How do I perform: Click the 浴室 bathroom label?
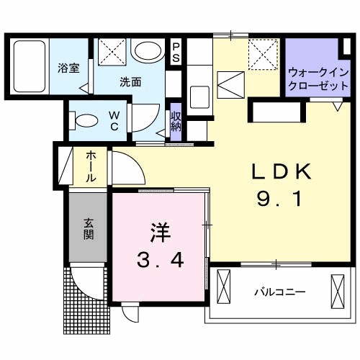pos(68,68)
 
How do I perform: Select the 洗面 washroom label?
pos(130,81)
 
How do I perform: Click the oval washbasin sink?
pos(149,51)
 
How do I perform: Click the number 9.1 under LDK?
pos(280,201)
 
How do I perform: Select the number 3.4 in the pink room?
pos(160,258)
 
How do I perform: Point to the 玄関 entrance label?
pos(88,229)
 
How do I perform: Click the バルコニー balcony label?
pos(280,293)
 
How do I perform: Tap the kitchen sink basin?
pos(199,94)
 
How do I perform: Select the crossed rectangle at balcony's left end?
pos(222,287)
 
